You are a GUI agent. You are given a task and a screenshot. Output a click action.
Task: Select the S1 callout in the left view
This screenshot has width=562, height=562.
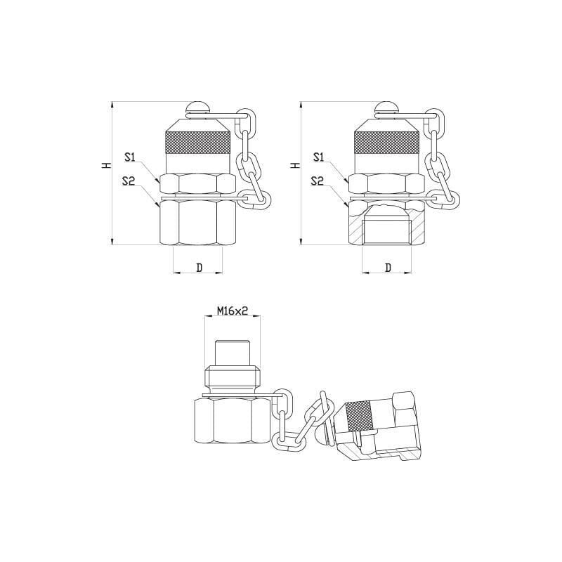tap(129, 157)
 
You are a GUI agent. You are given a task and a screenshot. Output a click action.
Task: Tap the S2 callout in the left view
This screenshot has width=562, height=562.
tap(129, 181)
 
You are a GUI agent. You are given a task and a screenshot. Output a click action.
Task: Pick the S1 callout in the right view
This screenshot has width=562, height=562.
tap(318, 157)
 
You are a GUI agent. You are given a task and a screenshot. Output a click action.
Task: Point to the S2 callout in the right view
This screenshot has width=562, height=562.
tap(318, 181)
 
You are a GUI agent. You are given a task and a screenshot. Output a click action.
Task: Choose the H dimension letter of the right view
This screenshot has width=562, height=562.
tap(294, 165)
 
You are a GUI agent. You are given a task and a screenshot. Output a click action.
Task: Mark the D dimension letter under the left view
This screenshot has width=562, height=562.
tap(200, 268)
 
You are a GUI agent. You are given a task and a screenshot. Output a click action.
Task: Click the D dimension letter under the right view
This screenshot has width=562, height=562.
tap(388, 268)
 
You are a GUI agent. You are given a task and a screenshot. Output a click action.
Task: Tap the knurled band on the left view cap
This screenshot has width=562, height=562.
tap(197, 143)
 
